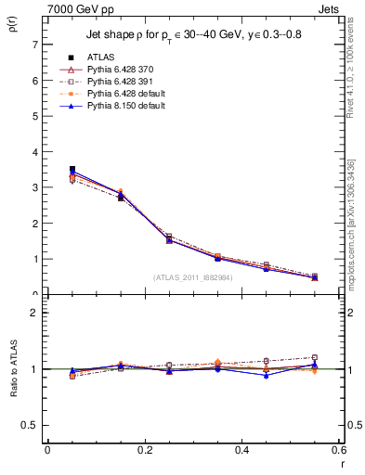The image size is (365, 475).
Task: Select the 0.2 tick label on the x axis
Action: coord(144,450)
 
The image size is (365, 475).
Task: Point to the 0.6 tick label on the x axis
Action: coord(340,450)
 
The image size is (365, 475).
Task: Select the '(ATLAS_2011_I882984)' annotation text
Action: coord(194,277)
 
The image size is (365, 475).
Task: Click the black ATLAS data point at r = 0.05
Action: coord(72,170)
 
